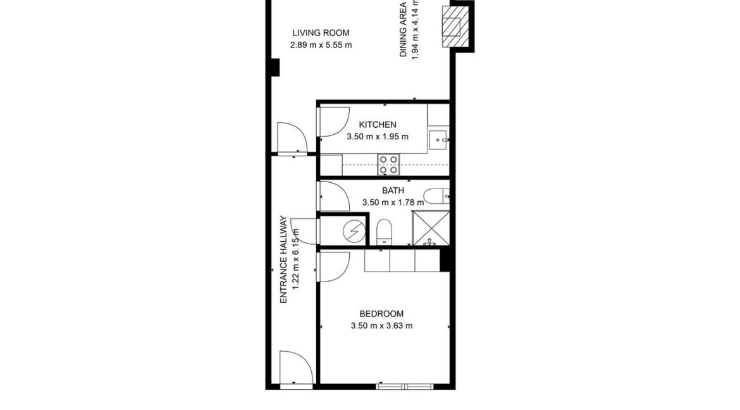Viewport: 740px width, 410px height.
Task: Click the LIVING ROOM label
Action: click(320, 33)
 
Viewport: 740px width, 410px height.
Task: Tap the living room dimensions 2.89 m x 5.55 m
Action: click(320, 45)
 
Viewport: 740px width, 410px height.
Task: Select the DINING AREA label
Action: click(403, 30)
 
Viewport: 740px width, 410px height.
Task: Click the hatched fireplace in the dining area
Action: click(453, 27)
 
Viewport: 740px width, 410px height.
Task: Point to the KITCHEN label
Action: click(377, 125)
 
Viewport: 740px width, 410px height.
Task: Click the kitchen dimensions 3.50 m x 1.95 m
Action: click(377, 137)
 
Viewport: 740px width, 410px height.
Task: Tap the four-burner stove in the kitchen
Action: click(388, 165)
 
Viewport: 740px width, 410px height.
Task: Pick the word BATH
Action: click(393, 190)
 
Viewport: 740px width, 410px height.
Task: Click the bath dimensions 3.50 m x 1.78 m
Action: click(393, 202)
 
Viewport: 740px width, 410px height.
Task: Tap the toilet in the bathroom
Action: click(385, 231)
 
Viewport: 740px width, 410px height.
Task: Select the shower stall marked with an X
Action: click(430, 228)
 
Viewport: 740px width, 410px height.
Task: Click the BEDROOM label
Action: click(381, 314)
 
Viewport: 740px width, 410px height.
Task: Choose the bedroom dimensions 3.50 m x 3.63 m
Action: click(381, 326)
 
